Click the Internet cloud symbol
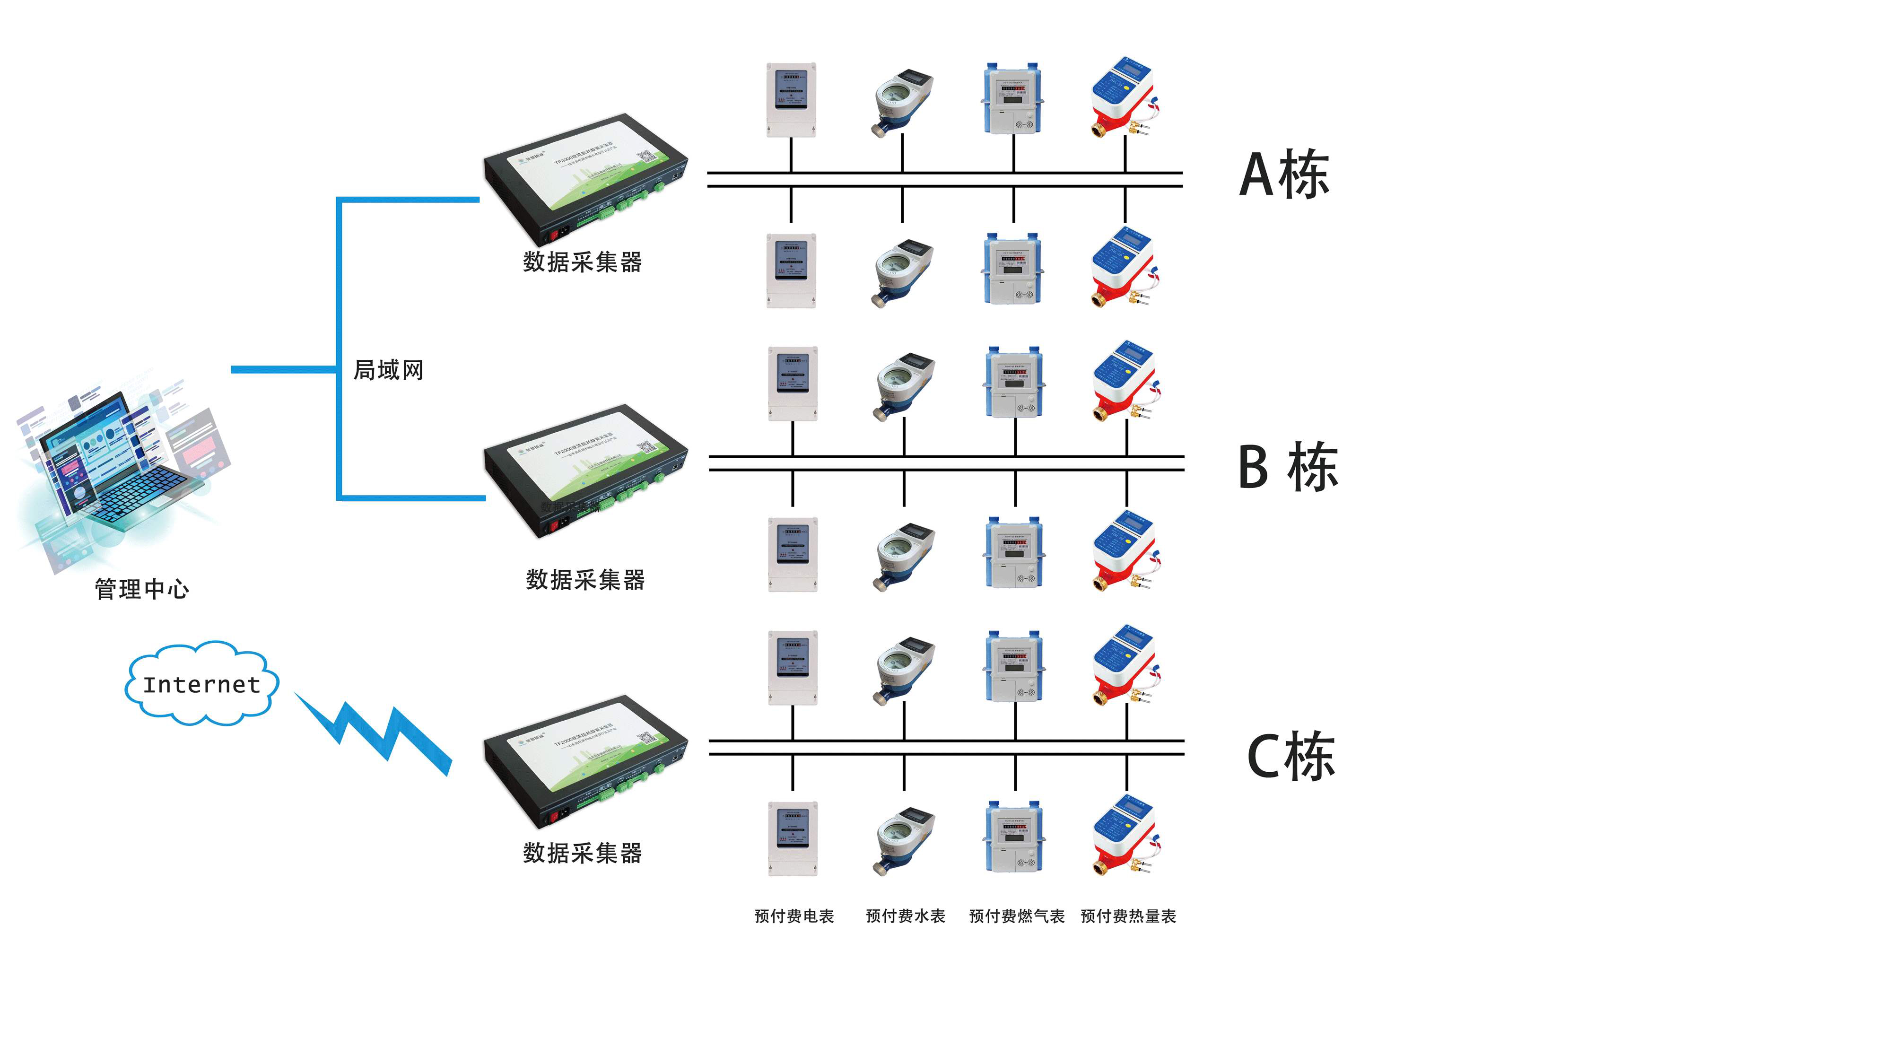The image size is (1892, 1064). [x=201, y=684]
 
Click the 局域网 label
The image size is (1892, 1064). [x=389, y=370]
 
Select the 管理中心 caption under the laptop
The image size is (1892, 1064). [x=142, y=589]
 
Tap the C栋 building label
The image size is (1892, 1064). [x=1290, y=756]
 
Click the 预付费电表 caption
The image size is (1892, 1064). [x=794, y=916]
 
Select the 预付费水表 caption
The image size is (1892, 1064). [x=905, y=916]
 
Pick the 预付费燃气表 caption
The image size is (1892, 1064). [x=1017, y=916]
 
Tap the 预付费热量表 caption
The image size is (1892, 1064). [x=1128, y=916]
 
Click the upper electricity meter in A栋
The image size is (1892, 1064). [x=791, y=100]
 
